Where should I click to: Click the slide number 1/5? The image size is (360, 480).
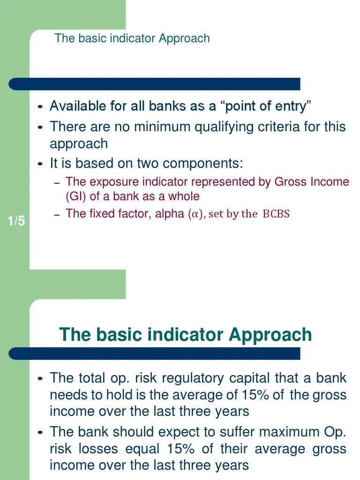pos(16,221)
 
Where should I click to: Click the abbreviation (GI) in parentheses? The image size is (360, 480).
pos(76,196)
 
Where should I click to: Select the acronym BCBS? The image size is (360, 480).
pos(276,214)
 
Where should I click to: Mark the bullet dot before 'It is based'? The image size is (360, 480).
pos(40,164)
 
